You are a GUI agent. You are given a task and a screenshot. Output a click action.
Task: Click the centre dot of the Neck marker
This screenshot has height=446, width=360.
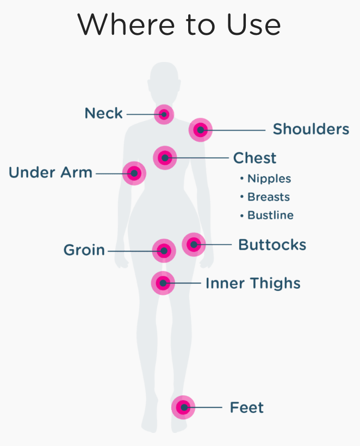(164, 114)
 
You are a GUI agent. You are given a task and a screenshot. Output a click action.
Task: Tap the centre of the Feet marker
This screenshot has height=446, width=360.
(183, 407)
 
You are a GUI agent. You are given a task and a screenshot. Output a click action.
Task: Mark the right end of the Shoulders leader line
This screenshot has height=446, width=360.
(265, 130)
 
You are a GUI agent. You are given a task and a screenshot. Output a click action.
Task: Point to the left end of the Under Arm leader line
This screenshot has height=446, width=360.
(96, 173)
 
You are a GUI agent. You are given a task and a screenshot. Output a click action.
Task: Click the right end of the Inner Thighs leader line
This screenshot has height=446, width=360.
(201, 283)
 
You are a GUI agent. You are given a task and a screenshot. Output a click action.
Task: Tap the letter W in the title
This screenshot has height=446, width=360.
(95, 24)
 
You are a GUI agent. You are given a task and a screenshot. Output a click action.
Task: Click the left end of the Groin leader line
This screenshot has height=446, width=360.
(108, 251)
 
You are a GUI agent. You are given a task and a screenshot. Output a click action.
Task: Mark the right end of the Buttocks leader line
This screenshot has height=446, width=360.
(232, 244)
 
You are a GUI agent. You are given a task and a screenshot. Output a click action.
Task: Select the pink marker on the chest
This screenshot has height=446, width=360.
(165, 158)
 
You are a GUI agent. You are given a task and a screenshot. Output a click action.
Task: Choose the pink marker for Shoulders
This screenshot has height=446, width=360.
(201, 129)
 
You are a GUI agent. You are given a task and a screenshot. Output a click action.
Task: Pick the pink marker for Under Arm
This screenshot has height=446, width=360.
(134, 173)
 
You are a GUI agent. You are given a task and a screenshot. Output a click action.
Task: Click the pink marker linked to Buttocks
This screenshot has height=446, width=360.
(194, 244)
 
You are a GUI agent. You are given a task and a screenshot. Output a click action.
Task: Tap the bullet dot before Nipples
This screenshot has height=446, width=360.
(241, 178)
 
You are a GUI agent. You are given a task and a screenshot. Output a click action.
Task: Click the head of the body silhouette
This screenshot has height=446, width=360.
(164, 83)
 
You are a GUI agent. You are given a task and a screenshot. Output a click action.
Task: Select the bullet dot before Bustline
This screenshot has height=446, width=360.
(241, 215)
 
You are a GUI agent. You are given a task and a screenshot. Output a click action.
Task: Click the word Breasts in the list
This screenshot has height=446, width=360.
(269, 197)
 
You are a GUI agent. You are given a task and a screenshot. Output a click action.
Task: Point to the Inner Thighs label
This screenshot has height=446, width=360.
(253, 283)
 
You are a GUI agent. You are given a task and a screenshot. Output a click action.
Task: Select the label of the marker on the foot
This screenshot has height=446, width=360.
(247, 407)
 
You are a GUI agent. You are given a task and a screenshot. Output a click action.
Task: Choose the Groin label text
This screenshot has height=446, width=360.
(84, 250)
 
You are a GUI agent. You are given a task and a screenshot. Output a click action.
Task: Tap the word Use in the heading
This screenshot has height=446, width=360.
(253, 24)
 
